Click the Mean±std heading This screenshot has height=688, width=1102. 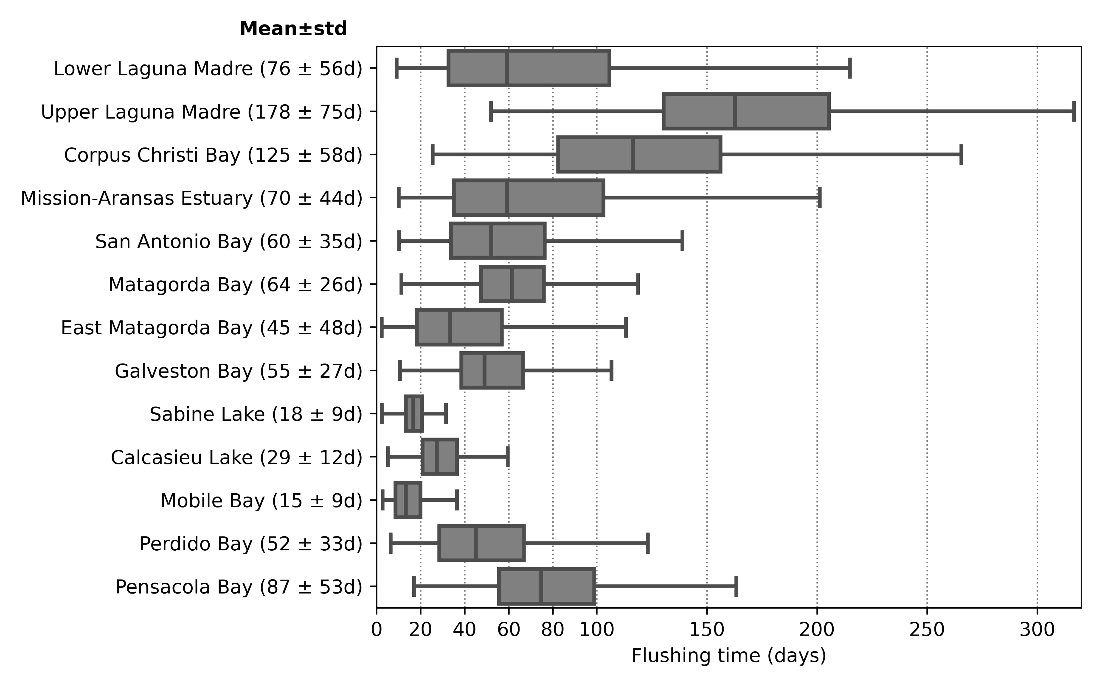tap(293, 29)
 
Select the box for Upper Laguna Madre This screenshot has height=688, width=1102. tap(746, 111)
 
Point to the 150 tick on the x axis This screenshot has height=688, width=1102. tap(707, 630)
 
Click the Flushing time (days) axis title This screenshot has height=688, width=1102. tap(729, 656)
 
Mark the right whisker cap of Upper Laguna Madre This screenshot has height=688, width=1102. tap(1074, 111)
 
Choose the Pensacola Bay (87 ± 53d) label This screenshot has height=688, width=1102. tap(239, 587)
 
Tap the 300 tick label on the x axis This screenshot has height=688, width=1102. tap(1037, 630)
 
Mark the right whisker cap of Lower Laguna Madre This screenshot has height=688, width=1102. tap(850, 68)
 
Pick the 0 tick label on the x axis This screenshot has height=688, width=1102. tap(377, 630)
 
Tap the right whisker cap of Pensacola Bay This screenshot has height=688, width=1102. tap(736, 587)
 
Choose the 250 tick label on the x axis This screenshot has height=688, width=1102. tap(927, 630)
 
